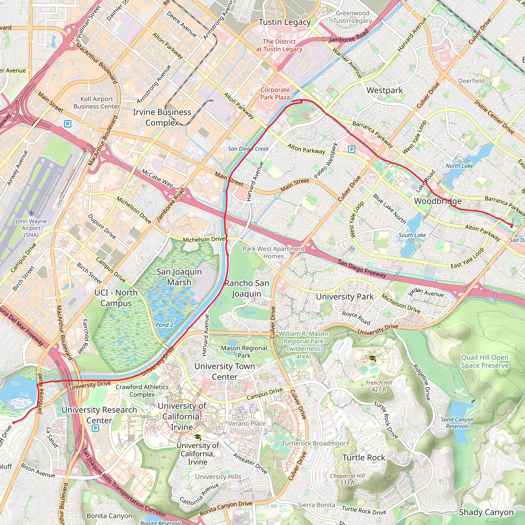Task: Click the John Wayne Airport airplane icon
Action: (x=31, y=213)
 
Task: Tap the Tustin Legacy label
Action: (x=285, y=22)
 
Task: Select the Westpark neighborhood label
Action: (x=385, y=90)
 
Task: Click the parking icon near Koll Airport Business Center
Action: (x=67, y=124)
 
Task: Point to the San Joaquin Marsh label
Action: (x=179, y=277)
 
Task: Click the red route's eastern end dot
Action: (x=511, y=226)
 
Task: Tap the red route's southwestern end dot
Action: (x=14, y=422)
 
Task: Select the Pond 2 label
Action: (x=164, y=325)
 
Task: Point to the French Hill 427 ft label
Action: (x=379, y=386)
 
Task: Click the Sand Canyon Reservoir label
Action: (x=457, y=423)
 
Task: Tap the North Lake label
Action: (x=459, y=166)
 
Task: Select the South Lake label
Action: (x=412, y=235)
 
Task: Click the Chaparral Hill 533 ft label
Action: (x=347, y=479)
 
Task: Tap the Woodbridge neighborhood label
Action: (x=438, y=201)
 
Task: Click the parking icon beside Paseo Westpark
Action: (x=352, y=149)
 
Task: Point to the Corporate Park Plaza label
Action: (x=275, y=94)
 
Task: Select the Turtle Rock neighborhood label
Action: (x=364, y=458)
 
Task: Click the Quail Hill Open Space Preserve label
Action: (x=484, y=361)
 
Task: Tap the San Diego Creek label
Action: (x=248, y=149)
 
